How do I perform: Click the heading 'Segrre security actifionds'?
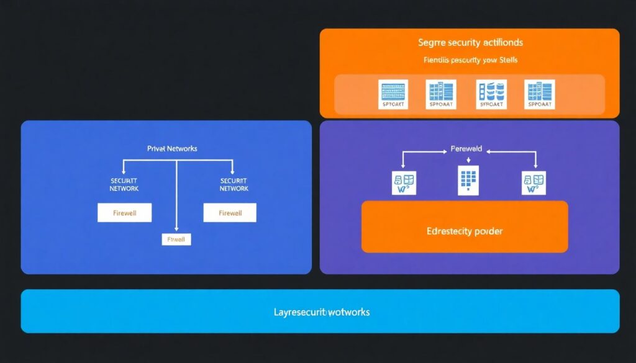470,43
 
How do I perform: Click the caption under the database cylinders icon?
490,105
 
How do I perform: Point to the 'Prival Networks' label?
172,149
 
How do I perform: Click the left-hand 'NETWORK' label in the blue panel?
124,189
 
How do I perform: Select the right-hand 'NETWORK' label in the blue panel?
234,189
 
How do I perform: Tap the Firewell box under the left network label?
124,213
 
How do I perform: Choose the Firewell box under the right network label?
230,213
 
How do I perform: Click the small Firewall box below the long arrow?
176,239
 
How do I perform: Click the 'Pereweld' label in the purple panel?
465,150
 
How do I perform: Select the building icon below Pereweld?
468,181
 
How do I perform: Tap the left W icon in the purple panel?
404,184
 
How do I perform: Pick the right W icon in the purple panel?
534,184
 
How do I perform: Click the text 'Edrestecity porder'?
465,231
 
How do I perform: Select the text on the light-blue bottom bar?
322,311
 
